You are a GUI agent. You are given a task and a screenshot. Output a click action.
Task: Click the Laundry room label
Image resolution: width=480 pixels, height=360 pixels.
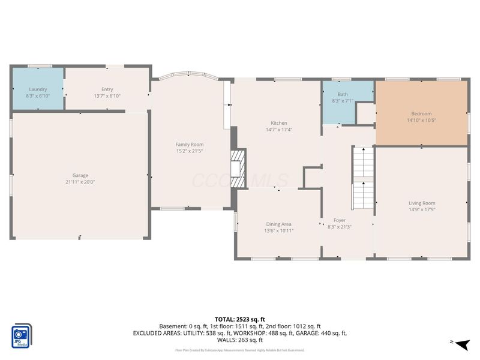pos(38,89)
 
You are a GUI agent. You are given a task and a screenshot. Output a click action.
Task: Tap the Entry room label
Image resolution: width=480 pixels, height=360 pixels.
pos(107,89)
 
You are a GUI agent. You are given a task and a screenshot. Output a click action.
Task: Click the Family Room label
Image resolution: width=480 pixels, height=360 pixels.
pos(189,144)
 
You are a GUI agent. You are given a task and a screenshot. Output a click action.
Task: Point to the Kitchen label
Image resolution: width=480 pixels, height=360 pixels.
pos(278,122)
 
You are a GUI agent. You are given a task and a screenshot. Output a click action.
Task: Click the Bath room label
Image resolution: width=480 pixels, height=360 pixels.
pos(342,94)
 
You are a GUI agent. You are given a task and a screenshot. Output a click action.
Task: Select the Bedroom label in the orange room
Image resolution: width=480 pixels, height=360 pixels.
pos(421,113)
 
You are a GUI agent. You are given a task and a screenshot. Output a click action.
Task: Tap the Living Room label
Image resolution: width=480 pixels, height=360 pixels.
pos(422,203)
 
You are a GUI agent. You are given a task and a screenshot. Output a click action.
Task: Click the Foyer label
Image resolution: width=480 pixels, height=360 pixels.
pos(339,220)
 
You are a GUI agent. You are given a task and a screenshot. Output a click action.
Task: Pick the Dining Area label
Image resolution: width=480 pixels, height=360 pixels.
pos(278,224)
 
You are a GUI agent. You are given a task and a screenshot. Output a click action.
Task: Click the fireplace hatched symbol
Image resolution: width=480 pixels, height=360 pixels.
pos(238,168)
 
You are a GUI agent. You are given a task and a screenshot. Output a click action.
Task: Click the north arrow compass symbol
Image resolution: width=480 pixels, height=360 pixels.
pos(461,344)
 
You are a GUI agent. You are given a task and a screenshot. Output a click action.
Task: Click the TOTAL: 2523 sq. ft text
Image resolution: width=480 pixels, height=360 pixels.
pos(240,319)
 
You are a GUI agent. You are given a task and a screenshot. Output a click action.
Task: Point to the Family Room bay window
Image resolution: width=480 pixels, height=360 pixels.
pos(188,76)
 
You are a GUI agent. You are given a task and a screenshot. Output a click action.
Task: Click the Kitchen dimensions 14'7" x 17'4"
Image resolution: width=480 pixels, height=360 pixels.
pos(278,130)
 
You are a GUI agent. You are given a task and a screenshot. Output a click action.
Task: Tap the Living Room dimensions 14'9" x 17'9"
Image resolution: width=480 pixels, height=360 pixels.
pos(422,210)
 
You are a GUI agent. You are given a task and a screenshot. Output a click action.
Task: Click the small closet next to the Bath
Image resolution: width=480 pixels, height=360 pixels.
pos(365,114)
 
